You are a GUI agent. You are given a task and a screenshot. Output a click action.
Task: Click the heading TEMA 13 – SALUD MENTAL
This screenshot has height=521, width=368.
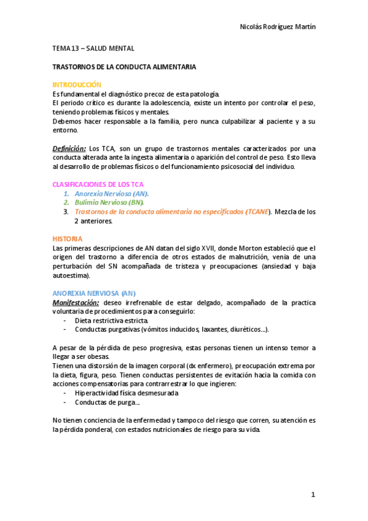click(x=93, y=48)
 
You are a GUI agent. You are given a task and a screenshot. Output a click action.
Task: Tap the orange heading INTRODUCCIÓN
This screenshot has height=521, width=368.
click(x=77, y=84)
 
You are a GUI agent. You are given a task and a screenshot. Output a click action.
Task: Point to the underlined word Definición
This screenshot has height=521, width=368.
click(x=69, y=148)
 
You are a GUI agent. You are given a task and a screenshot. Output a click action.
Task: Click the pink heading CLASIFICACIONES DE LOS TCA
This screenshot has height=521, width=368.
click(x=98, y=184)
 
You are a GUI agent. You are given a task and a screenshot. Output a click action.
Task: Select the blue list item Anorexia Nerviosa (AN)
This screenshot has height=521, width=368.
click(x=111, y=194)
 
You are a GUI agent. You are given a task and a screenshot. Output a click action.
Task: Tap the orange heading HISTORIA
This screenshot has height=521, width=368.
click(x=67, y=238)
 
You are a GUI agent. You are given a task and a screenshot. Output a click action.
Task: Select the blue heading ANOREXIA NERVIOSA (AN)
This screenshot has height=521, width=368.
click(x=94, y=293)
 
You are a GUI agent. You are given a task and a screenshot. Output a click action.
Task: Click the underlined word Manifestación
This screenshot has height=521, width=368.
click(x=76, y=302)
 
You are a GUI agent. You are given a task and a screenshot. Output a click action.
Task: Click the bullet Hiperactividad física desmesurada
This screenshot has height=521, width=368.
click(x=127, y=393)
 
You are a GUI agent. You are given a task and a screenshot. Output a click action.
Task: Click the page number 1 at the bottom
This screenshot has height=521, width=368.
click(x=313, y=495)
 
